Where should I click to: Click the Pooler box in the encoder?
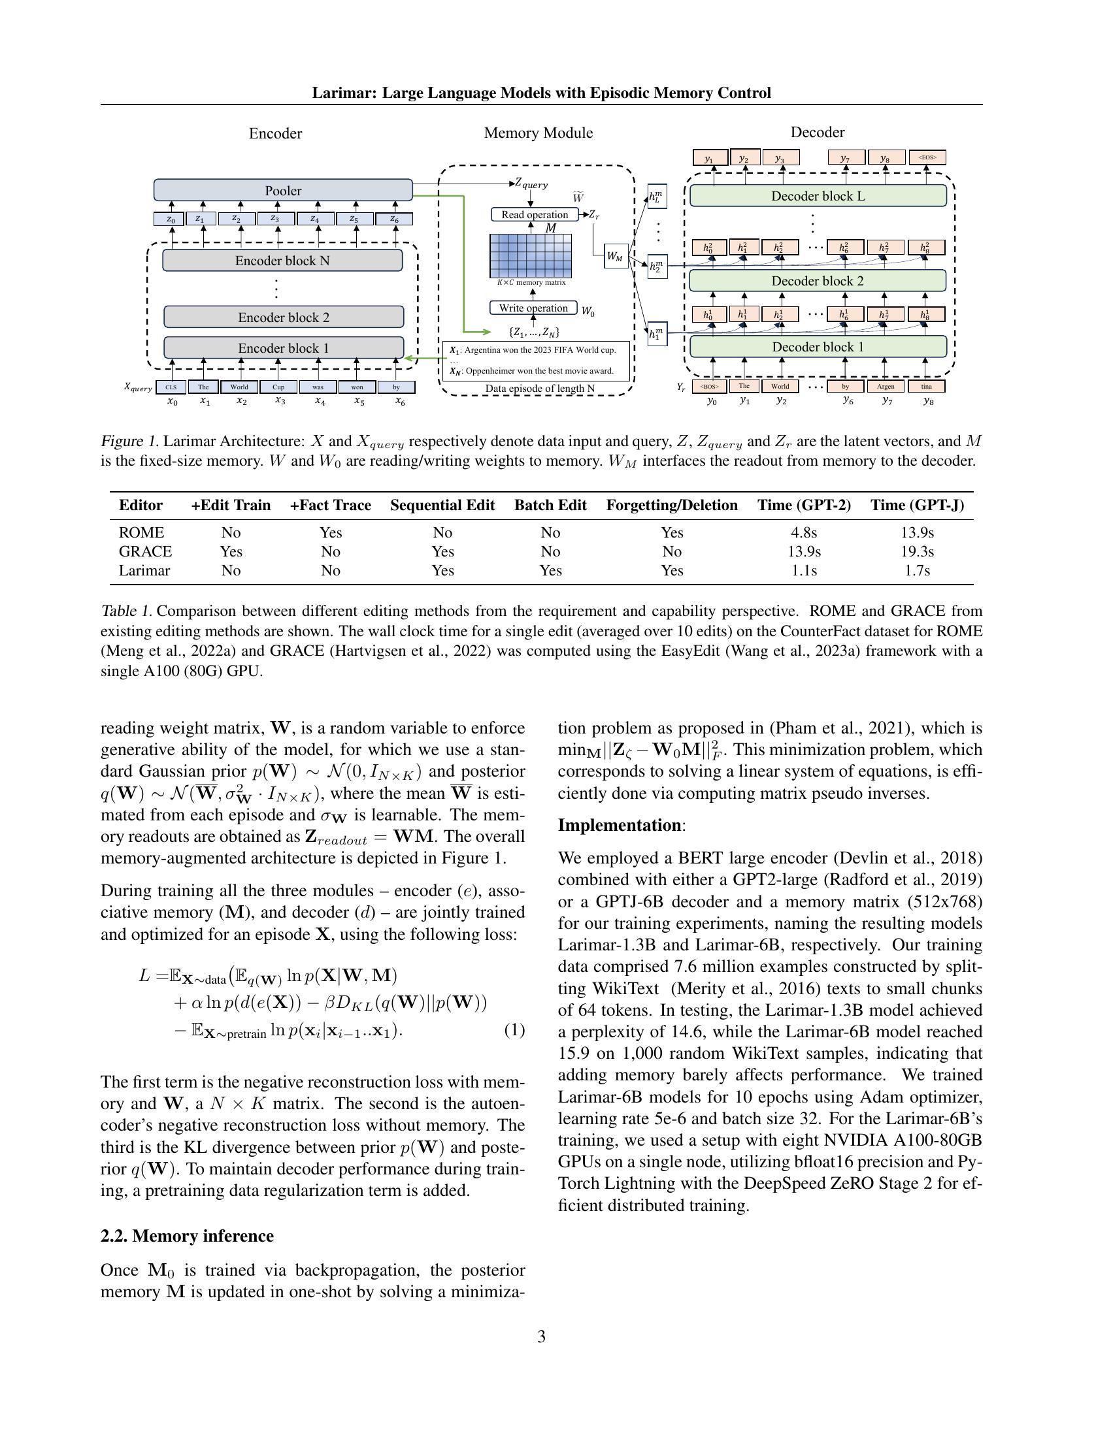283,190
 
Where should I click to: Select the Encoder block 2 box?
283,317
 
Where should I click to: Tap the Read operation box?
535,214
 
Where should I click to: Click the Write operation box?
533,308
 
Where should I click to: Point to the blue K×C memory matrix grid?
531,256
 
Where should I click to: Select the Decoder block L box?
818,196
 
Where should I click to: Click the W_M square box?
615,257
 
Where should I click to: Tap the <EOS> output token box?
927,157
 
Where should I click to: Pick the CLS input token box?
171,387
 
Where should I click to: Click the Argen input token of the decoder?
886,386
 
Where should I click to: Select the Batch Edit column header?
550,506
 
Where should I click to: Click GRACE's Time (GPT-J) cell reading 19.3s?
917,551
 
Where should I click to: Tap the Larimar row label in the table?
144,570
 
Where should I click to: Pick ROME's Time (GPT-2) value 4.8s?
804,532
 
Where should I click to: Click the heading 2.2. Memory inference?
187,1236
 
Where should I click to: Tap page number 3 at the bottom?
541,1336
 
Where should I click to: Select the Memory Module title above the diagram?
539,133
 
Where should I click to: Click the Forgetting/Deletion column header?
671,506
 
